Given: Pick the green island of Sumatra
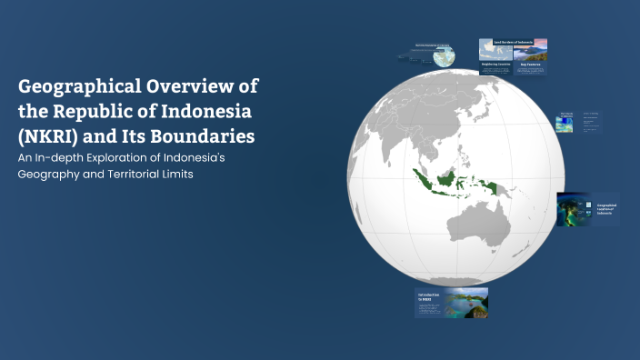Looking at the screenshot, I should (421, 178).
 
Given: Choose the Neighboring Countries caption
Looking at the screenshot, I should (496, 65).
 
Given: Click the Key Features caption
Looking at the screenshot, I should (529, 65).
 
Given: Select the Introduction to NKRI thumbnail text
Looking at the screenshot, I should (428, 296).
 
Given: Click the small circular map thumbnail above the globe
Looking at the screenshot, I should (445, 56).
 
